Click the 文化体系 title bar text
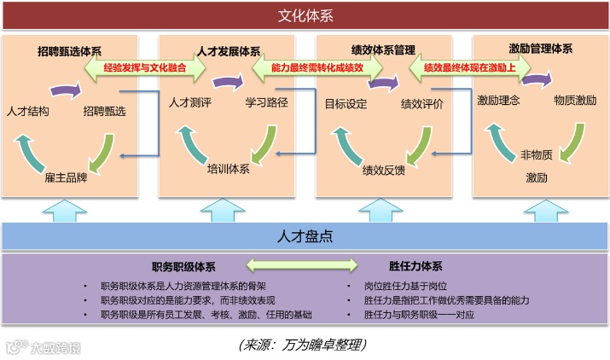(305, 16)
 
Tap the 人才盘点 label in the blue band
(305, 235)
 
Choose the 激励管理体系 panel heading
(540, 49)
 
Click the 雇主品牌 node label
(66, 179)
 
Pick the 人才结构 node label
(28, 110)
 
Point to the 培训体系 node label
(229, 168)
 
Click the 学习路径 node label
(267, 103)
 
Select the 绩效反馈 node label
(384, 169)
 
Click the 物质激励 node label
(575, 100)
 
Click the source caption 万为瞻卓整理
(303, 345)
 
